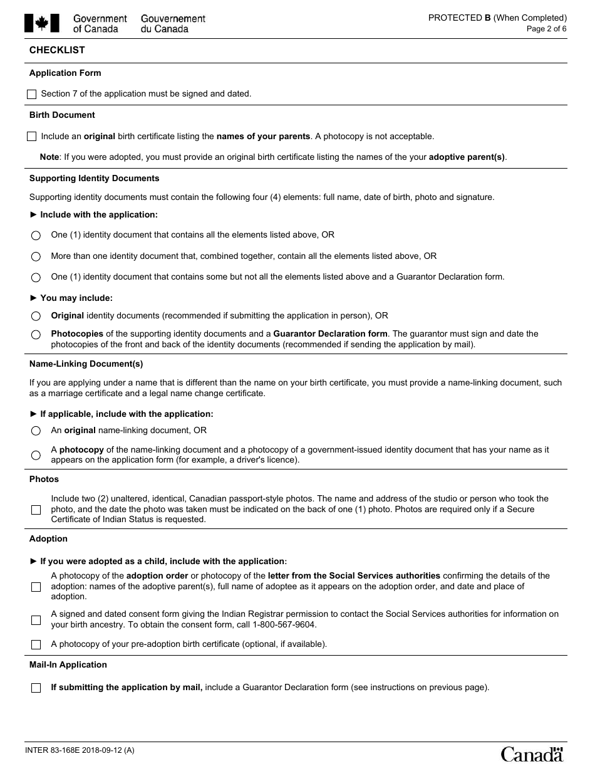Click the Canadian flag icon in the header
point(42,23)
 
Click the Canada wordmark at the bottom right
point(532,754)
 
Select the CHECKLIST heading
point(57,50)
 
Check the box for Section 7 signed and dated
point(32,95)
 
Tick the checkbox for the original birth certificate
point(32,137)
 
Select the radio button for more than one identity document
point(36,256)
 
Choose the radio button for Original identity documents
point(36,317)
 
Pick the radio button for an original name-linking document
point(36,431)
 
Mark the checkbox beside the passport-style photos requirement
point(36,510)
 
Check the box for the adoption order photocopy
point(36,587)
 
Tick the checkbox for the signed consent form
point(36,620)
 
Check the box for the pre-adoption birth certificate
point(36,644)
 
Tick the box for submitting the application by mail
point(36,688)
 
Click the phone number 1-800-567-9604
point(285,625)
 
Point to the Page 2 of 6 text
point(546,29)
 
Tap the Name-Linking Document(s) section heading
point(86,364)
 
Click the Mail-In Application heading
point(68,665)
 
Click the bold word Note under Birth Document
point(49,157)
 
